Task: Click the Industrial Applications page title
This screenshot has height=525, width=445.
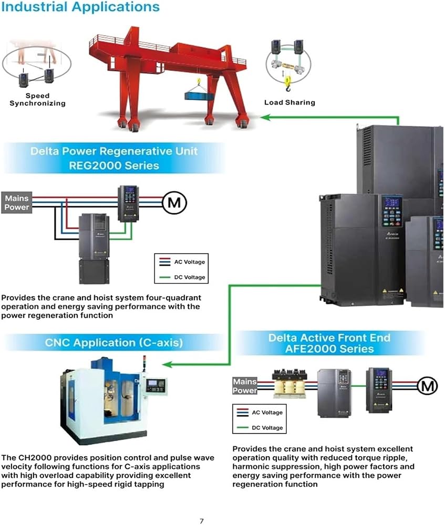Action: point(80,7)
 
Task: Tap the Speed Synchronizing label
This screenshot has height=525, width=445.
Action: point(37,99)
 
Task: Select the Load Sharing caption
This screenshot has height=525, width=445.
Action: point(290,102)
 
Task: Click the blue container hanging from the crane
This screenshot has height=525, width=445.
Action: point(199,97)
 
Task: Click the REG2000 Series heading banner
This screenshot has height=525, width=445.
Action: point(114,158)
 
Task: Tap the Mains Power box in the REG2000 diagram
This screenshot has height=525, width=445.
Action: point(16,203)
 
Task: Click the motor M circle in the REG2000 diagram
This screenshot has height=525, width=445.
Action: point(174,203)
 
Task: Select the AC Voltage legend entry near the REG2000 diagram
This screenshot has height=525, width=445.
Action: point(182,262)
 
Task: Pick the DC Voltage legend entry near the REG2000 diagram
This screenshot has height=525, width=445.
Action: point(182,277)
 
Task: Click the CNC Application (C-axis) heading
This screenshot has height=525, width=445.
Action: point(114,342)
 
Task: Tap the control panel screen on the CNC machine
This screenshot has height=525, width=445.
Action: point(153,383)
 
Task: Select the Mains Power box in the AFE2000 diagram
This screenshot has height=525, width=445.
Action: point(245,386)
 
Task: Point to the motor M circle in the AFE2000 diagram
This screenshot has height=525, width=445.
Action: point(427,386)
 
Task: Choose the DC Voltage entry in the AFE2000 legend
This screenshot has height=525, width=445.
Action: point(260,427)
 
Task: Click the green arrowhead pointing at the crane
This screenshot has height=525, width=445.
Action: point(265,117)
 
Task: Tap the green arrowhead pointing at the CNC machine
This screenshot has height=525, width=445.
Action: point(167,364)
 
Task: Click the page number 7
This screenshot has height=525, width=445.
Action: point(202,521)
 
